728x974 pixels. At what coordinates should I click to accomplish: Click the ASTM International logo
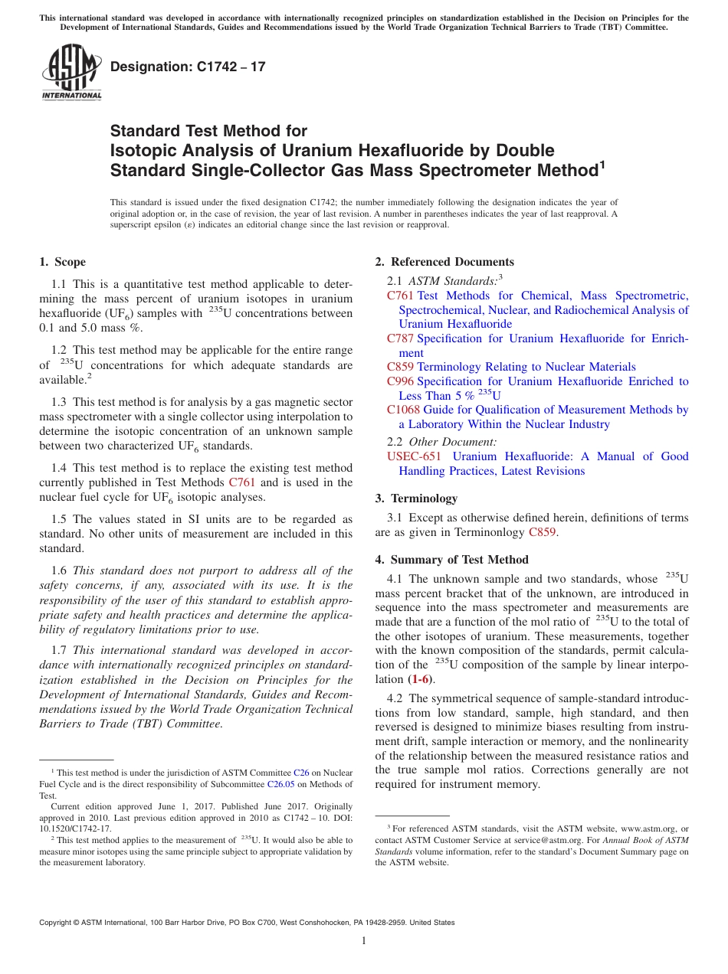(71, 72)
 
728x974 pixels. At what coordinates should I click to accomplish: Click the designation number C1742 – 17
(188, 67)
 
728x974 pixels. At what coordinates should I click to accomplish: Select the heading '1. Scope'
(63, 262)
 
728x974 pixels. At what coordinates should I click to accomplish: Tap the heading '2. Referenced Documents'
(444, 262)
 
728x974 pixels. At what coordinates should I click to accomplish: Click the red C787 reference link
(400, 338)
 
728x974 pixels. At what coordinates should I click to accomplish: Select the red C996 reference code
(400, 381)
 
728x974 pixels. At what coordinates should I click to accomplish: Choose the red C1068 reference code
(403, 410)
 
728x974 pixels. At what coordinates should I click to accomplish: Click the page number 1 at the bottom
(364, 941)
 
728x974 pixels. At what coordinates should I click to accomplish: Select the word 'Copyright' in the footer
(57, 923)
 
